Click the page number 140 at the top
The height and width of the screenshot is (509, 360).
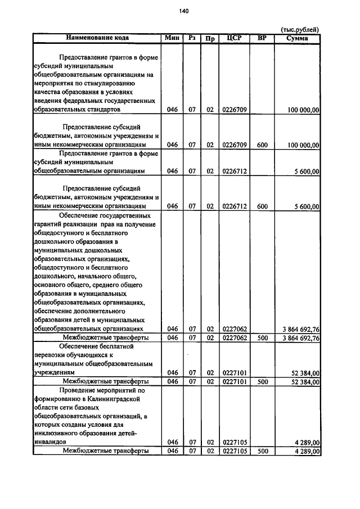click(x=184, y=11)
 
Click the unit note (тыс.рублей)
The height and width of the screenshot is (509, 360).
click(x=300, y=29)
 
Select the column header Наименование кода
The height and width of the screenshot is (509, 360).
click(x=97, y=38)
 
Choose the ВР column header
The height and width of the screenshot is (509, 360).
click(x=262, y=38)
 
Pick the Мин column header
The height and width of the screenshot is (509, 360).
click(x=172, y=38)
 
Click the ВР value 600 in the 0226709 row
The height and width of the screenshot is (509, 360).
click(x=262, y=145)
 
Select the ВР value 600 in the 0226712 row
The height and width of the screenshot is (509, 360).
click(x=262, y=206)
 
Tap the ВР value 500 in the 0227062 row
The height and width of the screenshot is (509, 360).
click(x=262, y=339)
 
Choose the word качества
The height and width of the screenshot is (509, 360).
click(x=49, y=92)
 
